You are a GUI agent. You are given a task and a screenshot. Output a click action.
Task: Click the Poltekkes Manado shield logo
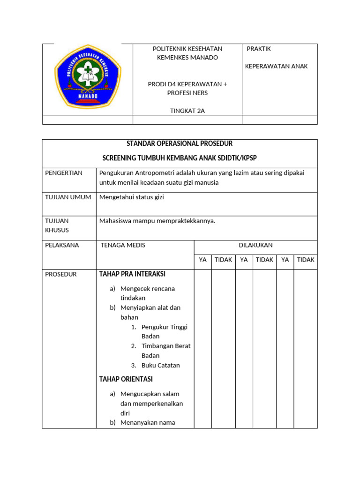point(88,79)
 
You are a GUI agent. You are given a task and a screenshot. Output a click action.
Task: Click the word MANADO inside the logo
point(88,95)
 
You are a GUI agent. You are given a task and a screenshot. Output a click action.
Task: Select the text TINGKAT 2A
point(187,111)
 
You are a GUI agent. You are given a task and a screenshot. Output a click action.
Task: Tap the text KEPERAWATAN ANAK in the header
point(276,66)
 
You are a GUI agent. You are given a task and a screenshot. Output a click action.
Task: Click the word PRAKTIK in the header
point(259,49)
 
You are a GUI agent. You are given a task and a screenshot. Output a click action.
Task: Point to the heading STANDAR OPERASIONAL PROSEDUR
point(180,143)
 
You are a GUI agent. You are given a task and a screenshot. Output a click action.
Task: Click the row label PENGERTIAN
point(64,173)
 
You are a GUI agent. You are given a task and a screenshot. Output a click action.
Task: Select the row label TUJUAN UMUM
point(68,197)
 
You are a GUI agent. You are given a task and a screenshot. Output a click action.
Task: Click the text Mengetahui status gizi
point(132,197)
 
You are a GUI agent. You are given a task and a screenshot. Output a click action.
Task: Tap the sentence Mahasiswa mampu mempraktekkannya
point(157,221)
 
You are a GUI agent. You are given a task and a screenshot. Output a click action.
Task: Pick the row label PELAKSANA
point(62,245)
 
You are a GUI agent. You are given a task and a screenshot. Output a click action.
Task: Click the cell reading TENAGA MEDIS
point(123,245)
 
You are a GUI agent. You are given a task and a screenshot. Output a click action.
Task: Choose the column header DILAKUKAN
point(255,245)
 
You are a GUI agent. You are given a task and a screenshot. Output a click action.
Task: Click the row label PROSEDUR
point(61,274)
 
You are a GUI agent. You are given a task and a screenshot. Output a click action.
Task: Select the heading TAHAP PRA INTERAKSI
point(132,274)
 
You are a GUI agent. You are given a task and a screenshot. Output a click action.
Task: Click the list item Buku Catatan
point(160,365)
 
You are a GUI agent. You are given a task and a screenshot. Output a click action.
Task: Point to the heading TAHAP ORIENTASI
point(126,379)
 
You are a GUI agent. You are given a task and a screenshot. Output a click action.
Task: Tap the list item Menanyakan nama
point(148,422)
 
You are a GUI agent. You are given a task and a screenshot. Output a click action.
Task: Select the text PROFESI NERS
point(187,93)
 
